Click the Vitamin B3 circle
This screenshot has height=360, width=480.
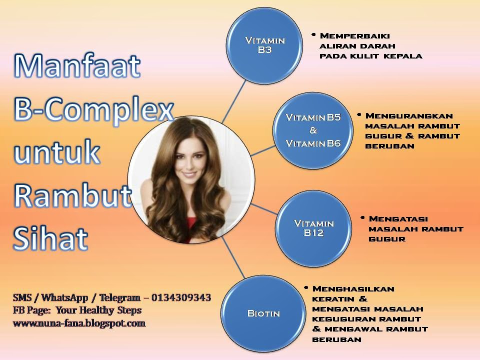(265, 44)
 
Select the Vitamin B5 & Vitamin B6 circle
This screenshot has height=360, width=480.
(313, 130)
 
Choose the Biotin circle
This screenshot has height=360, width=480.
(263, 313)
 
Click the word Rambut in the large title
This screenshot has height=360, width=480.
(73, 195)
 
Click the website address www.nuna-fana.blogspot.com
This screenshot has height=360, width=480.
(79, 323)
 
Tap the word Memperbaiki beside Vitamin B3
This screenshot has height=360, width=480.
(354, 36)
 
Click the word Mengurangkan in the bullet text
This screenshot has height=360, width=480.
(402, 115)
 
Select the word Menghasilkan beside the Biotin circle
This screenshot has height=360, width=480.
(353, 289)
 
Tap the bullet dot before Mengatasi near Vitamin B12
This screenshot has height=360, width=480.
(362, 218)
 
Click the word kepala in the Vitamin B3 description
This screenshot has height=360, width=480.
(403, 56)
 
